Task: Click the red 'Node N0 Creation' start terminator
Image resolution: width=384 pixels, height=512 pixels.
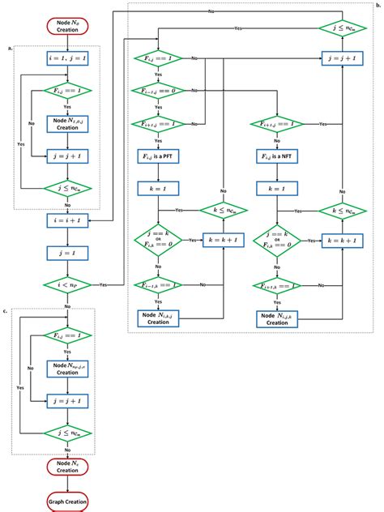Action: point(67,24)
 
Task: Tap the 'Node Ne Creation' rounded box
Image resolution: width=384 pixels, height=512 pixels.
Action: point(67,466)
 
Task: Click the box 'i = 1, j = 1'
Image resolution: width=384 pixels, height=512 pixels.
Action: point(67,58)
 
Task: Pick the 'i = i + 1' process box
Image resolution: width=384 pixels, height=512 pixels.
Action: point(67,220)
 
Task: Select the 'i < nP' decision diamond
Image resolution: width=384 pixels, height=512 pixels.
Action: point(67,284)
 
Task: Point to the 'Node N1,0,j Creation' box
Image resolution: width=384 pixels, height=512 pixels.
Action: point(67,124)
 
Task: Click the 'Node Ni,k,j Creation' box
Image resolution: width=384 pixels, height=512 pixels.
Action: point(158,318)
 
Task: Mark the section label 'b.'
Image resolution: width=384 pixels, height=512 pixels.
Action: point(377,6)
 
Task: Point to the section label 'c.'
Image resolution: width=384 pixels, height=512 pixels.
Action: point(7,311)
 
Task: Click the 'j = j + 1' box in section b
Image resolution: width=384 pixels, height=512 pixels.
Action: point(341,58)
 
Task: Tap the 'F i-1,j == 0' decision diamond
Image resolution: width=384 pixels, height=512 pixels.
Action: point(158,91)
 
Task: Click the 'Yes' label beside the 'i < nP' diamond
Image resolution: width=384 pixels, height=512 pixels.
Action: point(103,286)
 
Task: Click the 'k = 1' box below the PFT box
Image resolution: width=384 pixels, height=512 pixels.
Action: point(158,187)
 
